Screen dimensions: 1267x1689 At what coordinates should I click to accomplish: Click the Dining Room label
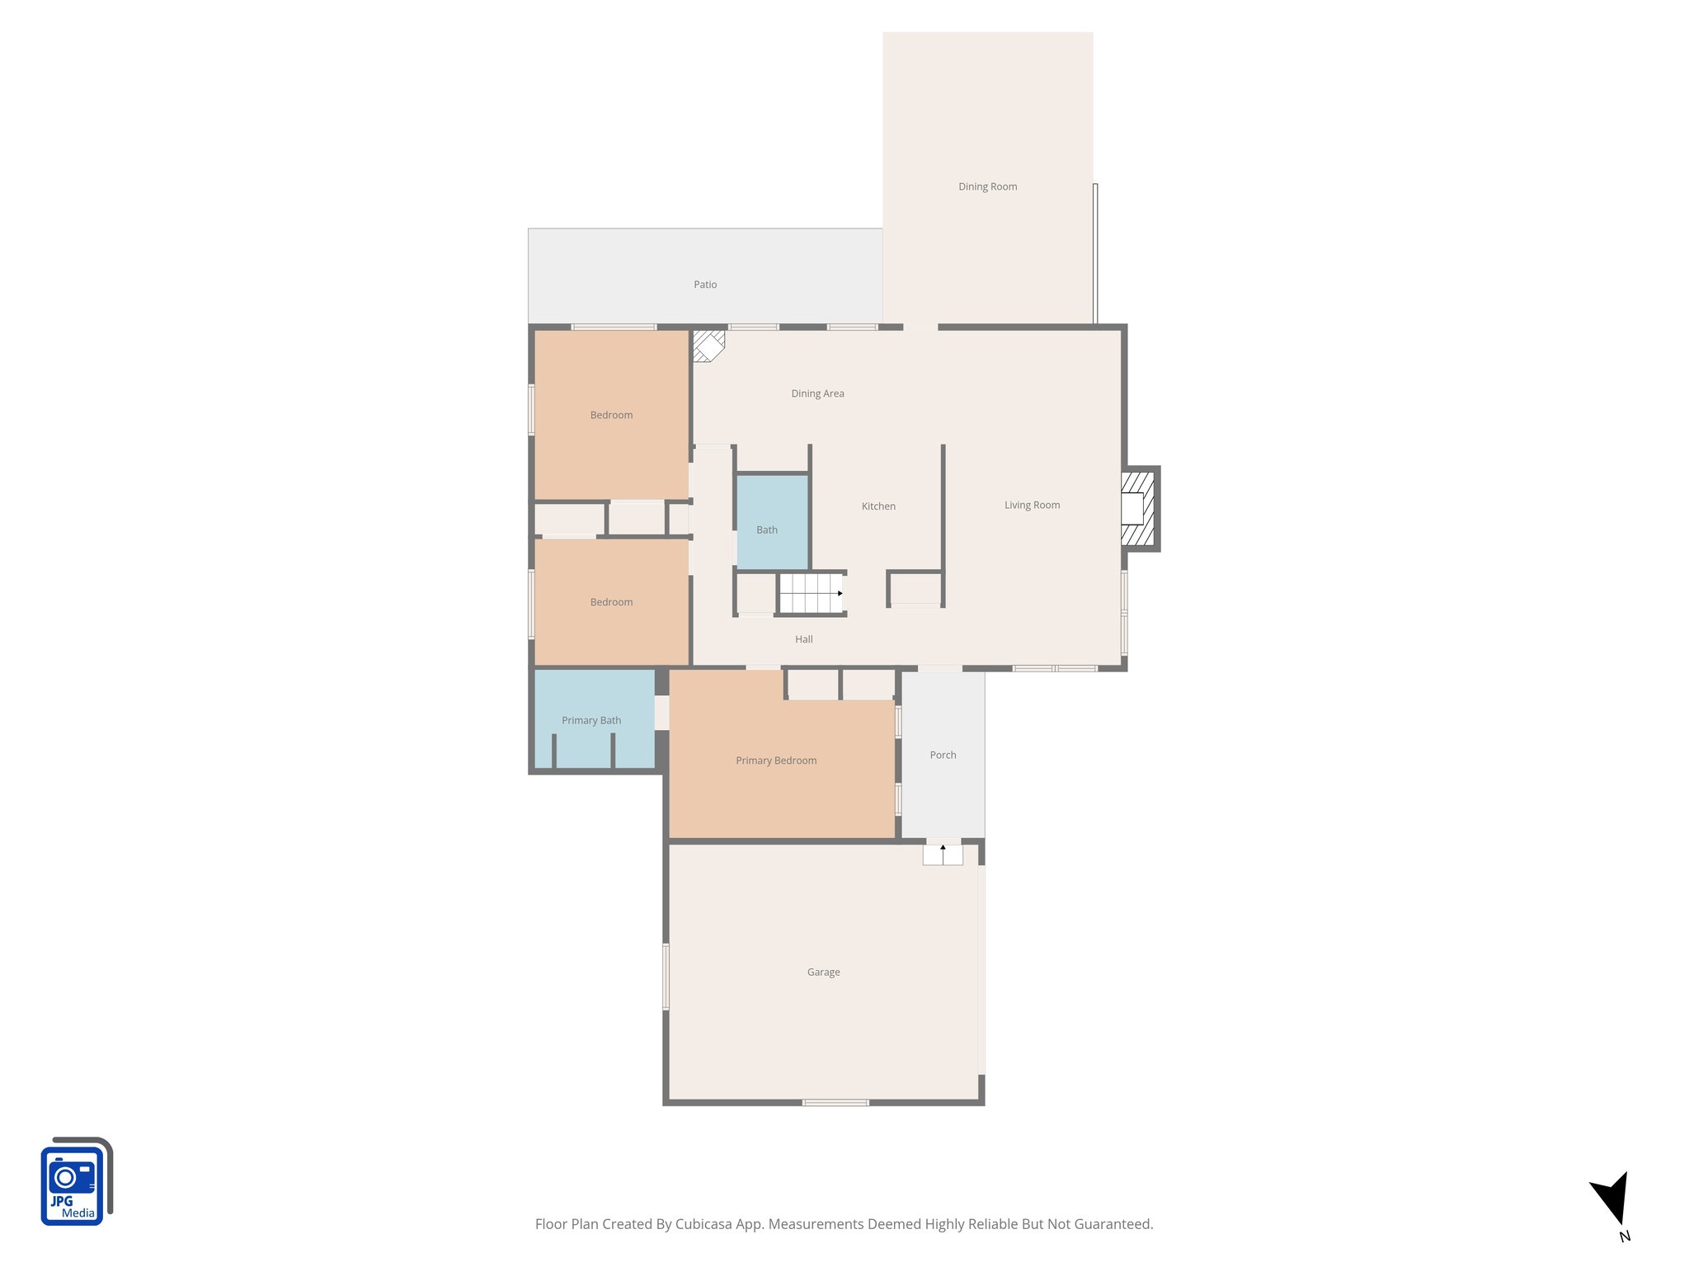(x=987, y=186)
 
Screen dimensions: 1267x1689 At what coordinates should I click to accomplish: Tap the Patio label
(x=705, y=285)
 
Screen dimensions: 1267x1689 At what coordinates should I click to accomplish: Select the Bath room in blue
(x=771, y=521)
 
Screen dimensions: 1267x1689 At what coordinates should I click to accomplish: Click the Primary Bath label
(x=591, y=720)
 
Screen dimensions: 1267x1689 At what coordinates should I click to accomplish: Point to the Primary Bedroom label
(x=776, y=761)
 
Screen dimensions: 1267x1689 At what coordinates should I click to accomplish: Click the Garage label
(x=823, y=973)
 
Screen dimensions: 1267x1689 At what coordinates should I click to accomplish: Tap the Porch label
(x=943, y=755)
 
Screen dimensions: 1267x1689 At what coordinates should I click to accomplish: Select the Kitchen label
(x=878, y=506)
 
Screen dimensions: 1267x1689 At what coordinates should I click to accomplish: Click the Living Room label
(x=1032, y=505)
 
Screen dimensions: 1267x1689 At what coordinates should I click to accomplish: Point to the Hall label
(x=804, y=639)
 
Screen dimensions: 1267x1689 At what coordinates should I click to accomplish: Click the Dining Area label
(x=817, y=393)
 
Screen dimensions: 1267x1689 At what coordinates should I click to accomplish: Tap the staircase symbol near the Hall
(x=811, y=593)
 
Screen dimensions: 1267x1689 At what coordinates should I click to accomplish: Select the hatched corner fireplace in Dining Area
(x=707, y=345)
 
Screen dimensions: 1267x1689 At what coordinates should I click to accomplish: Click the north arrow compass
(x=1611, y=1200)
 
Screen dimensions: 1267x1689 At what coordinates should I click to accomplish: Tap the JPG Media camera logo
(x=74, y=1182)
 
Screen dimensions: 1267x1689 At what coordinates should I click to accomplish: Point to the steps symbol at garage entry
(x=943, y=854)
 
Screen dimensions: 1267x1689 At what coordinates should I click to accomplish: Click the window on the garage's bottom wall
(x=835, y=1102)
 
